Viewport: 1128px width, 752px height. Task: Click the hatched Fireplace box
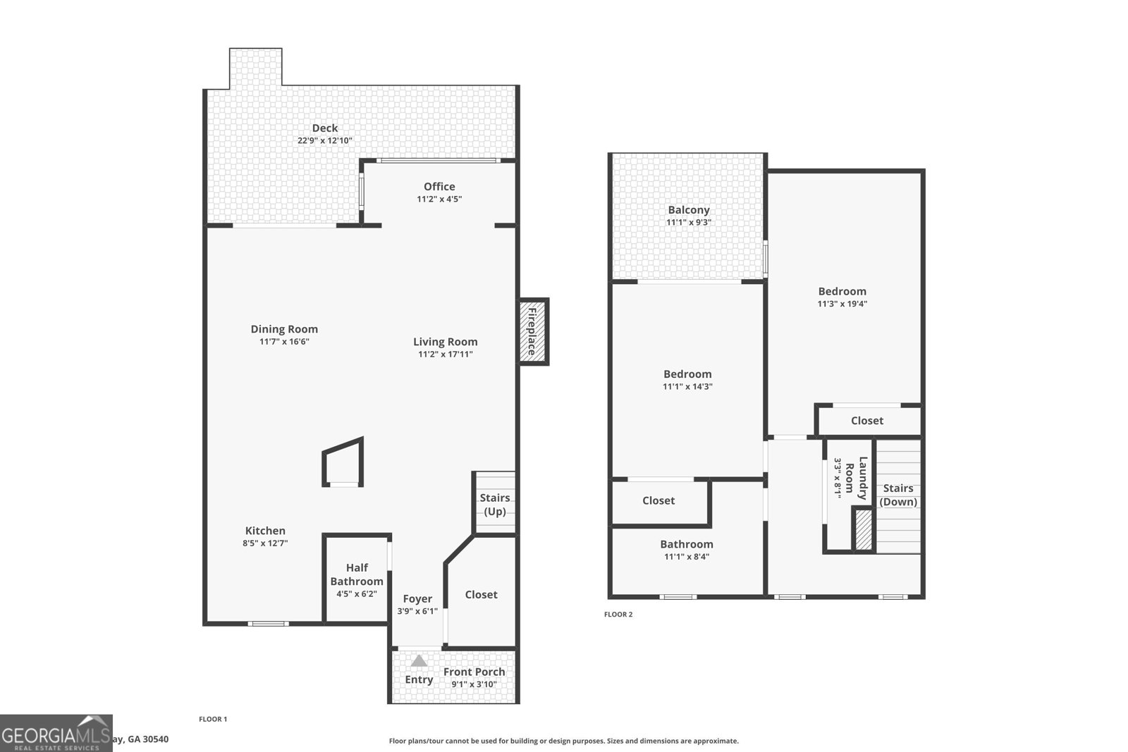click(x=534, y=331)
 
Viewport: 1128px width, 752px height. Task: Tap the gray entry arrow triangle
click(x=419, y=661)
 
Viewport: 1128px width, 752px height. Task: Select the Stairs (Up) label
click(x=495, y=505)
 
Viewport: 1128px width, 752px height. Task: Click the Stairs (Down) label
click(x=898, y=495)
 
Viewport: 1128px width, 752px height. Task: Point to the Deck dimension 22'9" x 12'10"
click(x=324, y=140)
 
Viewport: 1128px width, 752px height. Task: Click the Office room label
click(x=439, y=186)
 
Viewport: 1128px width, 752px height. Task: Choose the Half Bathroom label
click(x=357, y=574)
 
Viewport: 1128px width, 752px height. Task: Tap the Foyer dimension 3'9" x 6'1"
click(x=417, y=611)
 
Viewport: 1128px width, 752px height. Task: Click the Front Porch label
click(x=474, y=672)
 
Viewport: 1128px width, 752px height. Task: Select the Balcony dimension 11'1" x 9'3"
click(x=689, y=222)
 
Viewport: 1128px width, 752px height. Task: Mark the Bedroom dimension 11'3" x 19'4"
click(x=842, y=304)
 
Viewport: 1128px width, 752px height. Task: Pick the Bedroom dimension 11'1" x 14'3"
click(x=687, y=386)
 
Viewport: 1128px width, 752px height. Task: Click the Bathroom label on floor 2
click(x=687, y=543)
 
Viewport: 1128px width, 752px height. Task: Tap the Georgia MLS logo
click(x=56, y=733)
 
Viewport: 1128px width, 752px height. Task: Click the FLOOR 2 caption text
click(x=618, y=615)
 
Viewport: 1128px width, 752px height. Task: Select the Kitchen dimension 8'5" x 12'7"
click(x=265, y=543)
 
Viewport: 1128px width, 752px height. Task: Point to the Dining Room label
click(x=284, y=328)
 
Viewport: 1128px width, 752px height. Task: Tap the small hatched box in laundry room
click(x=863, y=529)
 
